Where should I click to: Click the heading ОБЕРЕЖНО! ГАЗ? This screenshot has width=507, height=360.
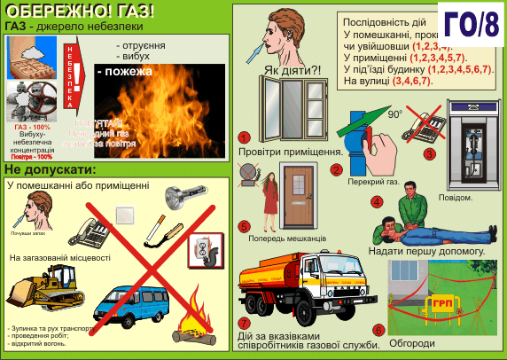coord(79,12)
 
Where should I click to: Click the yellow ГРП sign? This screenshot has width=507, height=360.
coord(441,301)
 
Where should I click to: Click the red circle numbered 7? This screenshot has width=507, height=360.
coord(244,322)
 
